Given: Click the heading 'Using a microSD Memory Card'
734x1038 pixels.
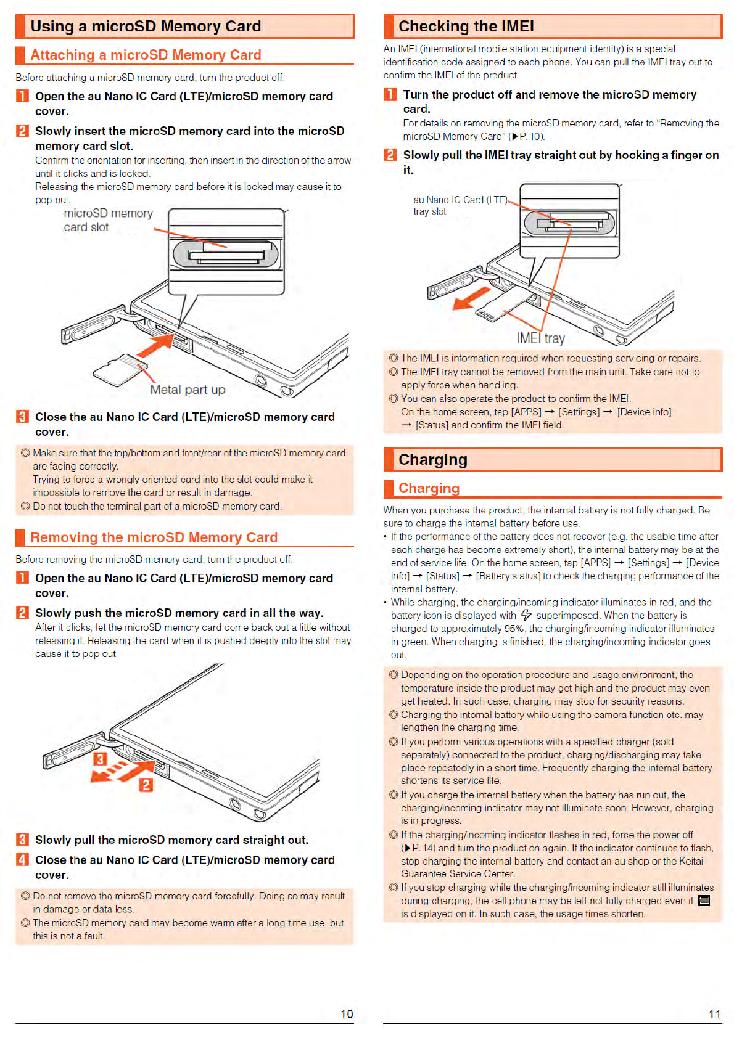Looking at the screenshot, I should click(146, 27).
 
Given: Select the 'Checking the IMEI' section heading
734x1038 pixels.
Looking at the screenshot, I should click(466, 27).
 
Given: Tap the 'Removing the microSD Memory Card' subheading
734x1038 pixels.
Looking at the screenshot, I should click(154, 537).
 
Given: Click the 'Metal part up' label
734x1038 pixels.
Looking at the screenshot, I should click(188, 390).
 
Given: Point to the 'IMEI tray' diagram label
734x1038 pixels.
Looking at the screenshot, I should click(540, 338).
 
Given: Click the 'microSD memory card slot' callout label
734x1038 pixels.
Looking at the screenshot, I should click(108, 220).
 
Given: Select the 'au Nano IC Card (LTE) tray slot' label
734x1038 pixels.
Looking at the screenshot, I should click(460, 205).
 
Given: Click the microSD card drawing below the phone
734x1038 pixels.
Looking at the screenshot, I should click(120, 370).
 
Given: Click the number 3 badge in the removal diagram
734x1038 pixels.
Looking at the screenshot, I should click(100, 759).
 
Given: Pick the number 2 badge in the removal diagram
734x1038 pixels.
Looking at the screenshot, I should click(146, 785).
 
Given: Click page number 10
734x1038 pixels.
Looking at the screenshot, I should click(347, 1014).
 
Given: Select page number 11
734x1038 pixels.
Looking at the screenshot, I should click(714, 1014).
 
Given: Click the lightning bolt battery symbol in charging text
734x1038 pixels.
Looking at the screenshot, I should click(526, 615).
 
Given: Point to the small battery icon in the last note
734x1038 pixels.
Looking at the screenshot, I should click(704, 901).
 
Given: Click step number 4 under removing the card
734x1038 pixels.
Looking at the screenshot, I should click(22, 860).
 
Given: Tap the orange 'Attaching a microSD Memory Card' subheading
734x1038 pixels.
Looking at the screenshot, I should click(146, 55).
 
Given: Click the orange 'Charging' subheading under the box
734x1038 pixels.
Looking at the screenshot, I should click(429, 488).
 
